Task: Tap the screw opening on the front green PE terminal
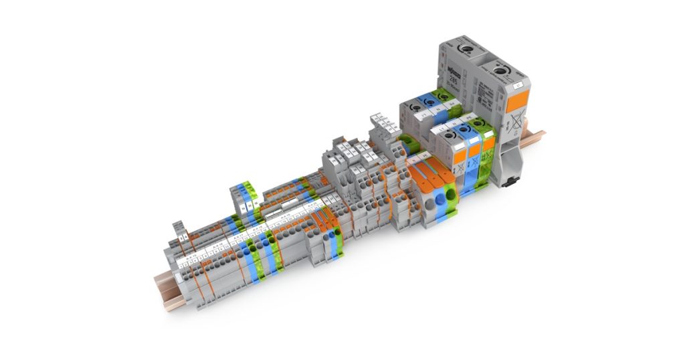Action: [x=478, y=123]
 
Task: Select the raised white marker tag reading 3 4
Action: [x=182, y=236]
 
